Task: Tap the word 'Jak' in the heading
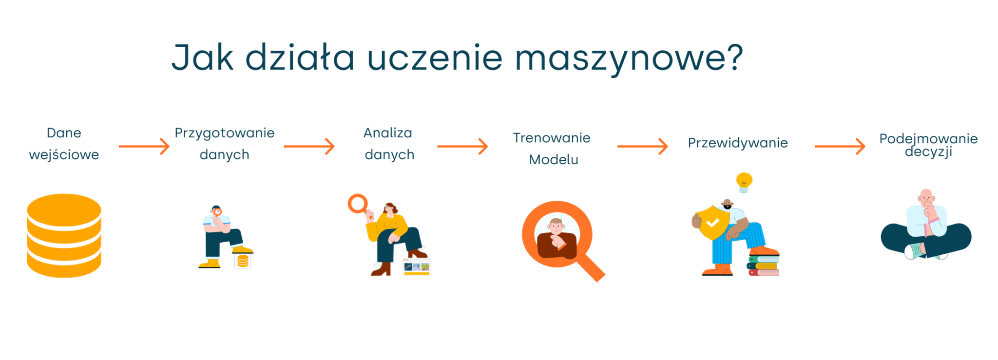pos(202,57)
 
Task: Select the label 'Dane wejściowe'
pos(64,144)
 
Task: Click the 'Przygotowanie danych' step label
pos(225,144)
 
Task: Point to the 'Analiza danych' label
pos(389,144)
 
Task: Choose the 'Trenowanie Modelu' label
pos(552,149)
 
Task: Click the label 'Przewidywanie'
pos(738,143)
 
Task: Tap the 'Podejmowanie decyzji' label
pos(928,145)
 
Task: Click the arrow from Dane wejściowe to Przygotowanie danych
pos(144,146)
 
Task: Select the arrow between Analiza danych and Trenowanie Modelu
pos(462,146)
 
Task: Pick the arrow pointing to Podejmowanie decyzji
pos(840,146)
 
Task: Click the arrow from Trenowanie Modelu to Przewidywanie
pos(642,146)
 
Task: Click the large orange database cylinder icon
pos(64,236)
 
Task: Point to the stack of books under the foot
pos(764,265)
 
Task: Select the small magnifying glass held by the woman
pos(358,204)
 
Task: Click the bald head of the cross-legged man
pos(926,195)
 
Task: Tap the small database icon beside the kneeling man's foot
pos(243,262)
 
